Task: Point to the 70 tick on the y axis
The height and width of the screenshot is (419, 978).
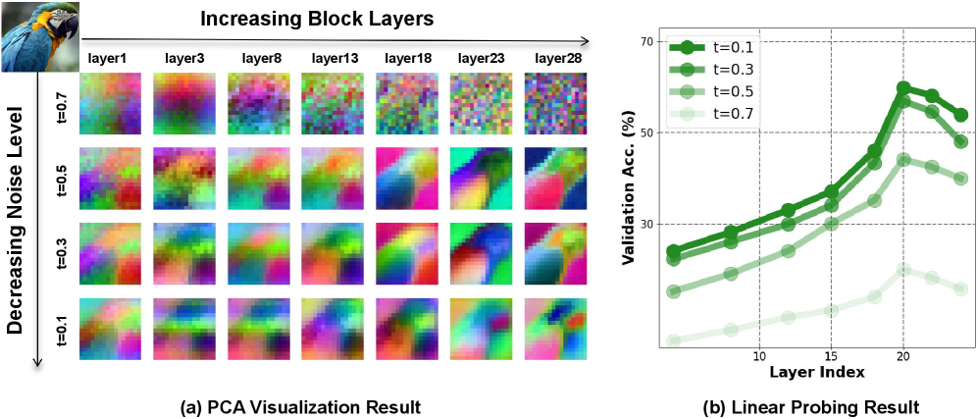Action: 645,42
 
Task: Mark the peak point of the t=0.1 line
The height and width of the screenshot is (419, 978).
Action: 903,88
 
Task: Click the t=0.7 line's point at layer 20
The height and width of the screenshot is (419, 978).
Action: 903,269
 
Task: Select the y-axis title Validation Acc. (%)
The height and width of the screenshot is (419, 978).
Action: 630,196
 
